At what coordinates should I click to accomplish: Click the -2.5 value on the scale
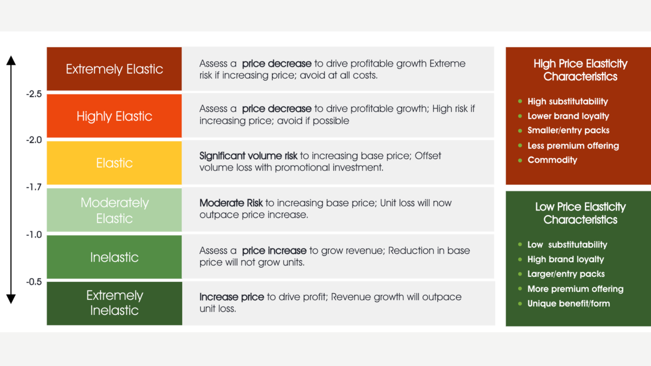pos(34,94)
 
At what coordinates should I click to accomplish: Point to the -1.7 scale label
pos(34,187)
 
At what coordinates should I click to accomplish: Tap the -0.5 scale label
pos(34,282)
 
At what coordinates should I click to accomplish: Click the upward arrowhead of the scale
pos(11,61)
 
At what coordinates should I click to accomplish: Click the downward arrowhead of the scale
pos(11,299)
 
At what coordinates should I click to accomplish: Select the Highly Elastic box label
pos(114,116)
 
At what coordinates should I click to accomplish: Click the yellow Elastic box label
pos(114,163)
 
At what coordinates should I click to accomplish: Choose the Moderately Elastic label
pos(114,210)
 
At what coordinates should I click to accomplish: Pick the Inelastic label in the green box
pos(114,257)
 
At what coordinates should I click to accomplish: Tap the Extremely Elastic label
pos(114,69)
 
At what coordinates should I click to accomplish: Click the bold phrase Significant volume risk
pos(248,156)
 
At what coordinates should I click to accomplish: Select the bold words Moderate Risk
pos(231,203)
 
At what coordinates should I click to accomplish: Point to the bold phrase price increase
pos(274,251)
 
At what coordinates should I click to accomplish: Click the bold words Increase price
pos(232,297)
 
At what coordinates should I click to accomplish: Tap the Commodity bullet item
pos(552,160)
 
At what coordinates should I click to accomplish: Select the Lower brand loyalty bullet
pos(568,116)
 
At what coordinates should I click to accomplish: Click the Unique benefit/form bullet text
pos(568,303)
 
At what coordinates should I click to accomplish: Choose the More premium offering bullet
pos(575,289)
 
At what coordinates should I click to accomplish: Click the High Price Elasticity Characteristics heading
pos(580,70)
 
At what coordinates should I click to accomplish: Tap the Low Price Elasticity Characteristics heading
pos(580,213)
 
